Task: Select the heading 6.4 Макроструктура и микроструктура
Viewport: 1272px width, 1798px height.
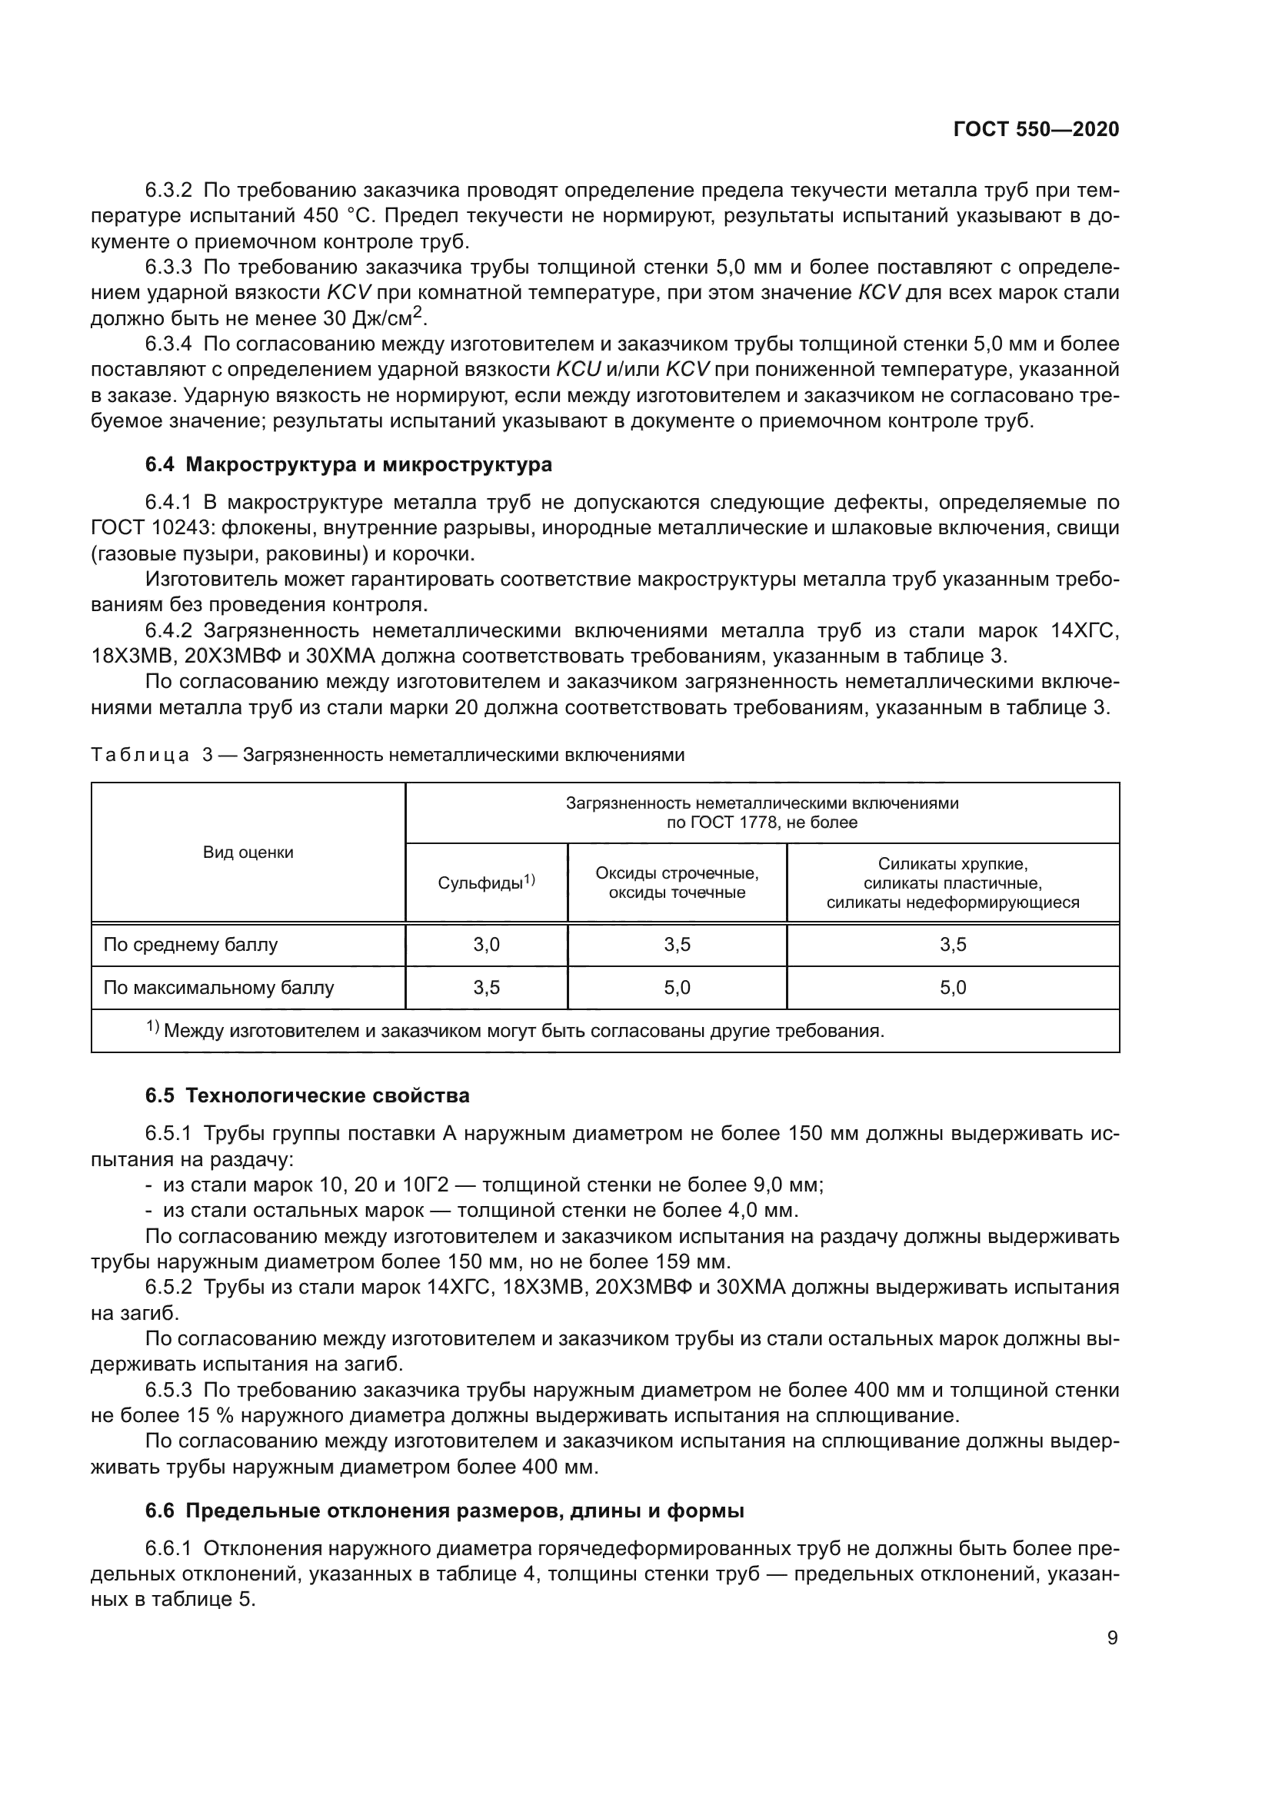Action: [x=348, y=464]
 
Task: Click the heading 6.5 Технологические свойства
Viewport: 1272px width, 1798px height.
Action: [x=307, y=1095]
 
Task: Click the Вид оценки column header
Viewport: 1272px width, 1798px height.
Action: [x=248, y=852]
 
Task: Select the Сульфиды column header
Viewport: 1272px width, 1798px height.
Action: [x=485, y=882]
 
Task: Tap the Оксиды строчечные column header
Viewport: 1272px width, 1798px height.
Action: [x=677, y=882]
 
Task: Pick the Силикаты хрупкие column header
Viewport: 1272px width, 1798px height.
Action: [x=952, y=882]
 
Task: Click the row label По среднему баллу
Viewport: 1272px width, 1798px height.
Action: [x=190, y=945]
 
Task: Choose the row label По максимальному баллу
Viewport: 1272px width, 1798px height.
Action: [x=218, y=988]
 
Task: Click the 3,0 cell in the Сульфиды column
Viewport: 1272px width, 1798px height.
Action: [x=485, y=945]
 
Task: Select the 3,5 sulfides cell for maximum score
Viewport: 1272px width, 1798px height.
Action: [x=485, y=988]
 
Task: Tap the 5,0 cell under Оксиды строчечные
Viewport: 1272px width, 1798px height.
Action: [x=677, y=988]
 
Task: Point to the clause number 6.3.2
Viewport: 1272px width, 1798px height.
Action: [x=168, y=191]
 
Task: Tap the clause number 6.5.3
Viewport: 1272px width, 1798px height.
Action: [x=168, y=1390]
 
